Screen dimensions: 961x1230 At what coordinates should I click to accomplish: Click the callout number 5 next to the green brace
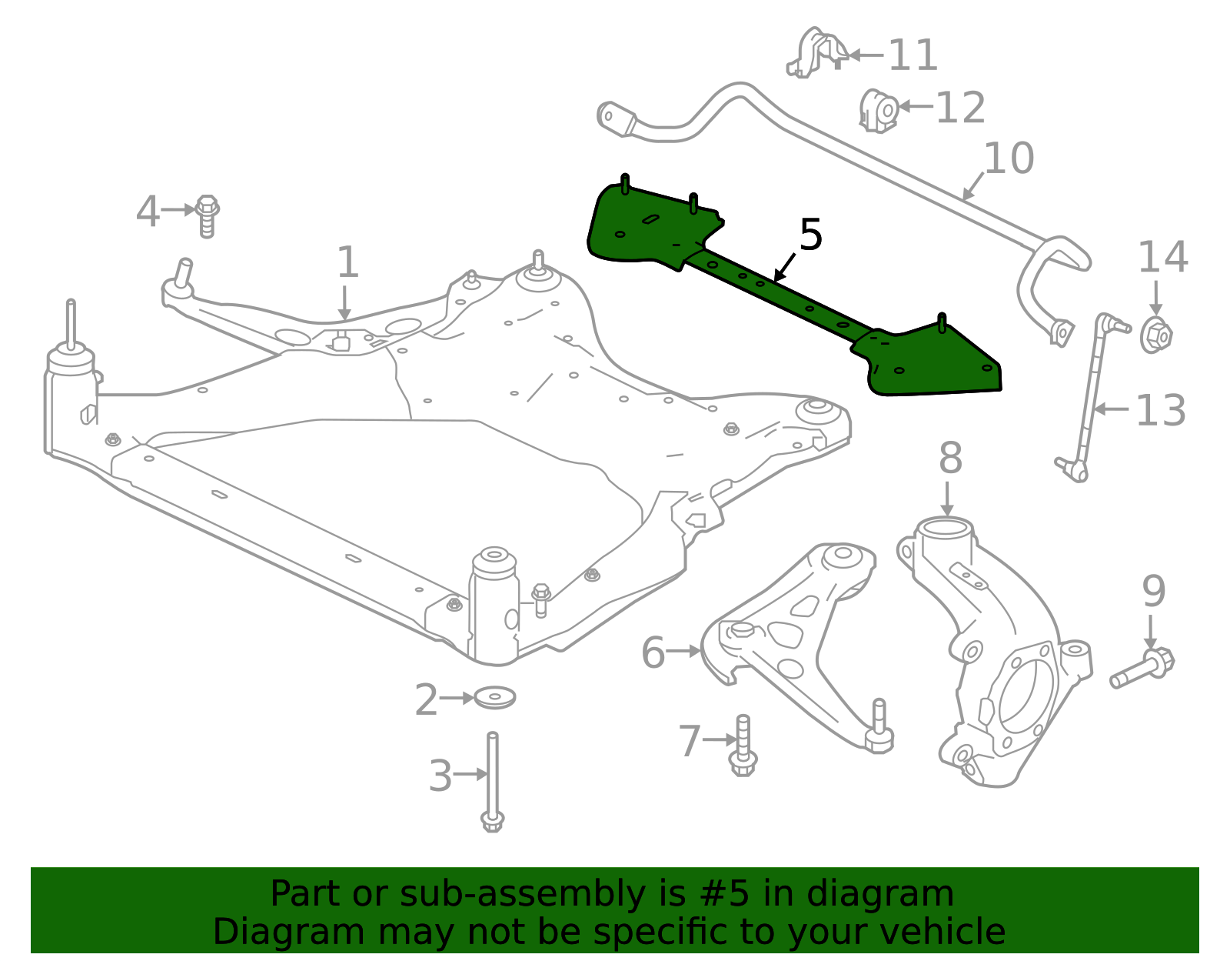[x=810, y=235]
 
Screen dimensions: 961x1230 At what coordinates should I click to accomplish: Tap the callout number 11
[x=913, y=56]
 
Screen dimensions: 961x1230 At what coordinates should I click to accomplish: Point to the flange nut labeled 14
[x=1155, y=335]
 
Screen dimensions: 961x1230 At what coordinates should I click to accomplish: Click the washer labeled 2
[x=494, y=698]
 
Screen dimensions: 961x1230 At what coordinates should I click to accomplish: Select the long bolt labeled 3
[x=492, y=781]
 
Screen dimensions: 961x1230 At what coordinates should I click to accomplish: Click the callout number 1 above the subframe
[x=347, y=263]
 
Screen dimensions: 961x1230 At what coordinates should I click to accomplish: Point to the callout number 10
[x=1009, y=158]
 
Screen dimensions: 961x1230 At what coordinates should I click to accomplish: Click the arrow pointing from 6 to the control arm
[x=683, y=652]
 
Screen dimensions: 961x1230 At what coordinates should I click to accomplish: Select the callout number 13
[x=1160, y=411]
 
